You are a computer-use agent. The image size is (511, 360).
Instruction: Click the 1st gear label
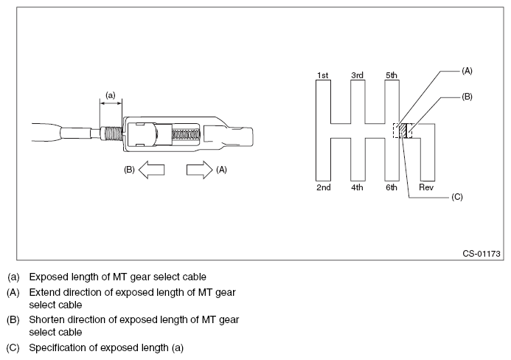pos(322,75)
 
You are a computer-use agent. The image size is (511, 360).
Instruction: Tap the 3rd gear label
pos(357,75)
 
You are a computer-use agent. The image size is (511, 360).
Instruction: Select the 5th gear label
pos(392,75)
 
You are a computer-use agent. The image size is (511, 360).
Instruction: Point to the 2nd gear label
pos(323,188)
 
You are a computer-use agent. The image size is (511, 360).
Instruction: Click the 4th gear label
pos(357,188)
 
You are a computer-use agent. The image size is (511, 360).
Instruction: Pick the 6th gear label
pos(392,188)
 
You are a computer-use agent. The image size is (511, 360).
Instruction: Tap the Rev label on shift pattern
pos(426,188)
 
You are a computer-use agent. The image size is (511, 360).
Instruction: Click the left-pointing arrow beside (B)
pos(151,170)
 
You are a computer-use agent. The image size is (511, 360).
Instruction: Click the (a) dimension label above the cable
pos(111,95)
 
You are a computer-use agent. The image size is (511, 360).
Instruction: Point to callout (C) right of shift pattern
pos(456,198)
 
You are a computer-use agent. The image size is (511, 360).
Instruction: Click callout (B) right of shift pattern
pos(466,97)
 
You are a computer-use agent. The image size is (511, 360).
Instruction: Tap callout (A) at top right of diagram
pos(466,71)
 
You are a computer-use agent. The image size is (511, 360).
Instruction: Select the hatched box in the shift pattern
pos(403,131)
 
